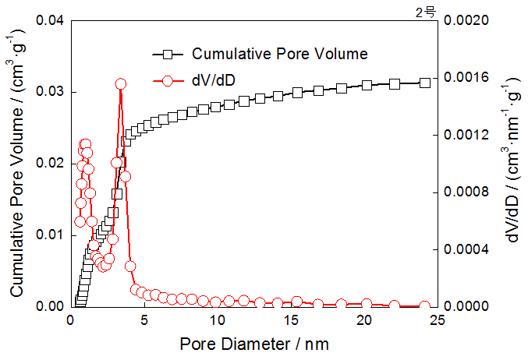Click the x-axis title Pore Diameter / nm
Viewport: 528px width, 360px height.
(256, 343)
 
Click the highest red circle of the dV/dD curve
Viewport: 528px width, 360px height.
(121, 83)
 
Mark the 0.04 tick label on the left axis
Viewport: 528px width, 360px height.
(51, 20)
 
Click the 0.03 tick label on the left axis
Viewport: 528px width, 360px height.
(51, 92)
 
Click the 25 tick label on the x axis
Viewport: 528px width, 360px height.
(438, 319)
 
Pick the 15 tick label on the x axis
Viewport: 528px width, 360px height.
(291, 319)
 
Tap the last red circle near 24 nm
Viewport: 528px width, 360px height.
(425, 306)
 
